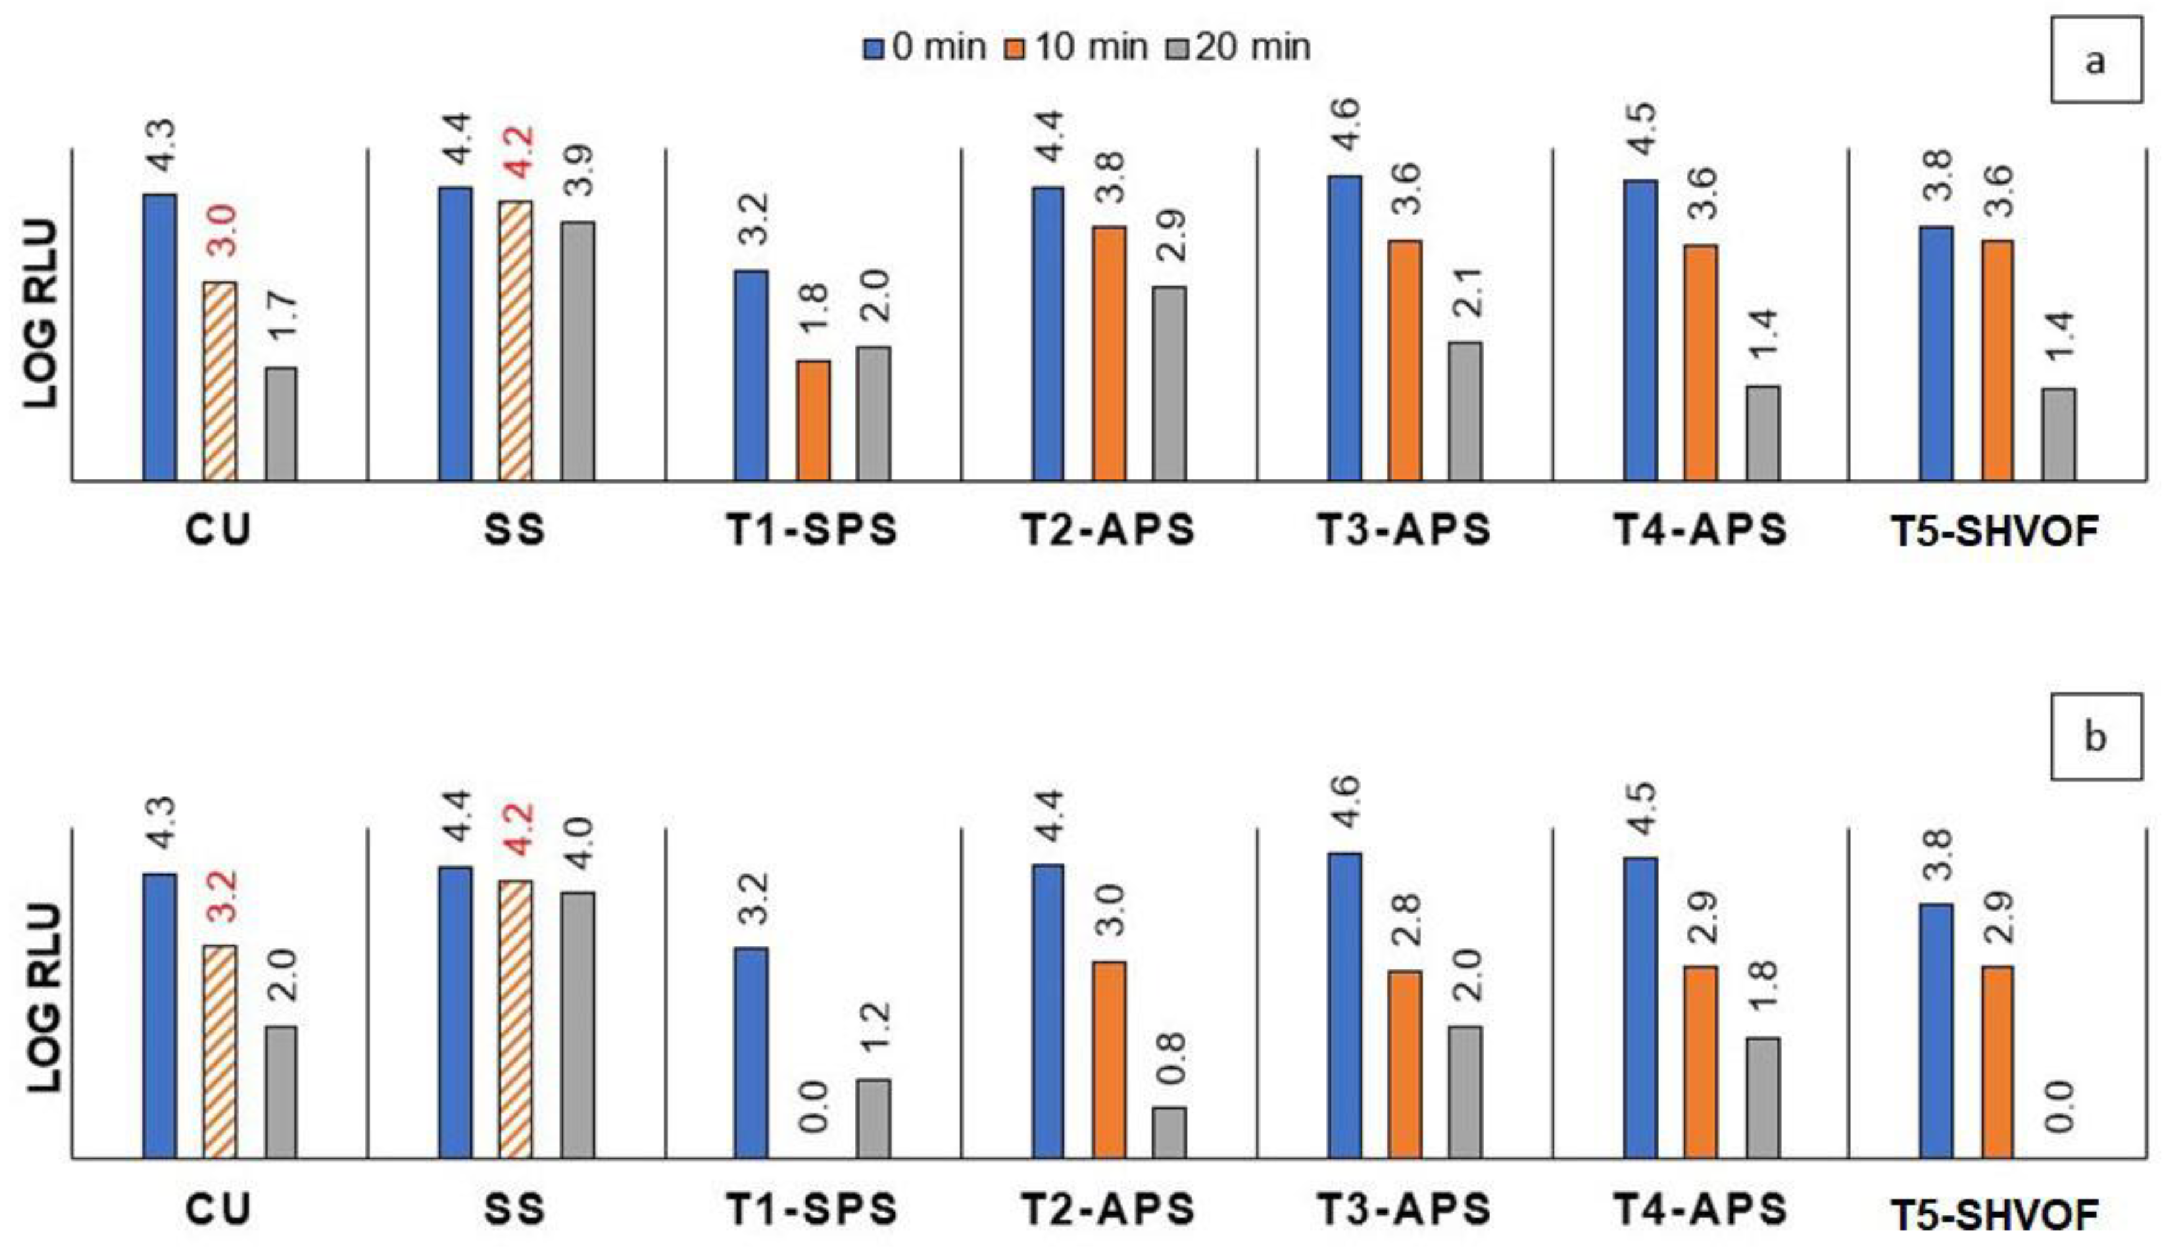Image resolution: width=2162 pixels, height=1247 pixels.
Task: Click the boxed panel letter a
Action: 2095,61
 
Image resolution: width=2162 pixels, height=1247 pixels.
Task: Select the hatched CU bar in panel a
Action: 220,381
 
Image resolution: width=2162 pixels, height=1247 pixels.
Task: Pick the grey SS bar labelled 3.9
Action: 578,351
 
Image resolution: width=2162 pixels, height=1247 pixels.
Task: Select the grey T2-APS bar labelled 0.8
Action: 1169,1133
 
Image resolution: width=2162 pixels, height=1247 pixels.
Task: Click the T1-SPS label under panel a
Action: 812,531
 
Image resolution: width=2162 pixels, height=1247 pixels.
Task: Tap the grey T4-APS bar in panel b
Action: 1763,1098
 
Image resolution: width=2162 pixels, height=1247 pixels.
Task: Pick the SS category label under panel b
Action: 515,1209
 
